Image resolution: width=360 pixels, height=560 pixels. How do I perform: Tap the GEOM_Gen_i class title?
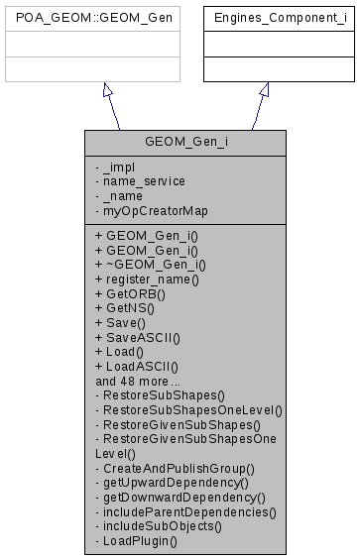pyautogui.click(x=187, y=142)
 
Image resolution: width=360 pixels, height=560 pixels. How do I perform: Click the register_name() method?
pyautogui.click(x=147, y=280)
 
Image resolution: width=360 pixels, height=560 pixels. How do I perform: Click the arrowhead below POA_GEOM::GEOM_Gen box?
pyautogui.click(x=108, y=90)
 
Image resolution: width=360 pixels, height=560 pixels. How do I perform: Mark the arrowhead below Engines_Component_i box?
pyautogui.click(x=264, y=90)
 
